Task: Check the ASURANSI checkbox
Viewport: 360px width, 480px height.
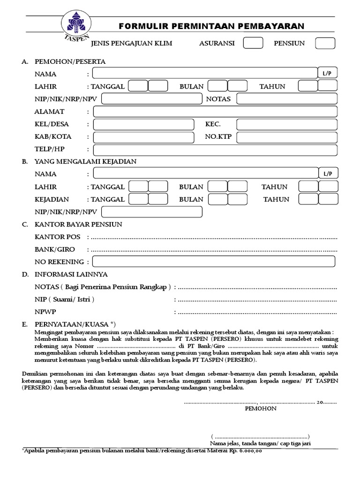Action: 253,43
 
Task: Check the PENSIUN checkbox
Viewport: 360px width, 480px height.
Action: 325,43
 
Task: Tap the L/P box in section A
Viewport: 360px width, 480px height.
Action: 328,73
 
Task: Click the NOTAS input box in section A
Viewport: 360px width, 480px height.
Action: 287,99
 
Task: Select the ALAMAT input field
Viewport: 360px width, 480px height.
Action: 215,112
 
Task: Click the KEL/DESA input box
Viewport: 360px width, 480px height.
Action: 143,124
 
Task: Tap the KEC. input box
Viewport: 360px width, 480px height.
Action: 287,124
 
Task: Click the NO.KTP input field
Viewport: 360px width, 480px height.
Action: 287,137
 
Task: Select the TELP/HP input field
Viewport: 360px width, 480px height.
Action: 215,150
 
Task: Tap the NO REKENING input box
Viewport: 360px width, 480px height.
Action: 214,262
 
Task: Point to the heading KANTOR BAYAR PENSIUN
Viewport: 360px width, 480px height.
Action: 78,225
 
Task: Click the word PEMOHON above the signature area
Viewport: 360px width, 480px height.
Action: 261,408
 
